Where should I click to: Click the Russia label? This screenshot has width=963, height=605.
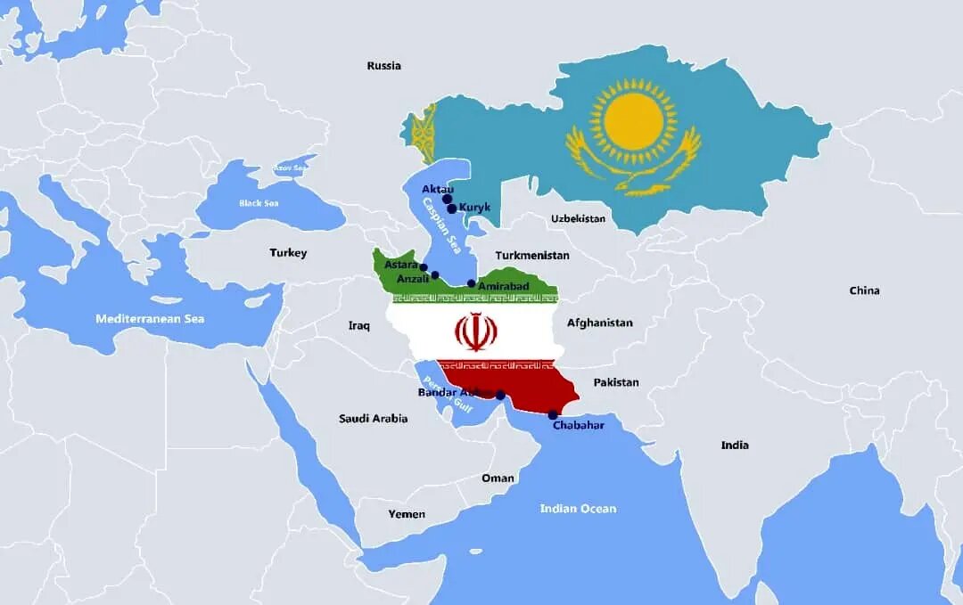coord(383,65)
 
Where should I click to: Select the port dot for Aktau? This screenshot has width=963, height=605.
coord(447,200)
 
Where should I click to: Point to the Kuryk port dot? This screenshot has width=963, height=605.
coord(452,208)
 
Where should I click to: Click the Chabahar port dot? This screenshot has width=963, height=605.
coord(553,414)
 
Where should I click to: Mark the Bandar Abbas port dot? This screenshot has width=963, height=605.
coord(500,396)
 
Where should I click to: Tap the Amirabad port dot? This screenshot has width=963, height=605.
coord(472,283)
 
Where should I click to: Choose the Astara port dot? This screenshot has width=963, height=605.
coord(424,267)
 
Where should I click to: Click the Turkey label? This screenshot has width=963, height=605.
coord(288,253)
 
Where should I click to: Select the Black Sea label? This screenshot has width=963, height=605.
coord(259,203)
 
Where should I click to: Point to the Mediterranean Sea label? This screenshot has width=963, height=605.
coord(150,318)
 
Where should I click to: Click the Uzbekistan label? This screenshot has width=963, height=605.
coord(578,218)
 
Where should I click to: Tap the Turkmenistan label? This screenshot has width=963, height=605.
coord(531,255)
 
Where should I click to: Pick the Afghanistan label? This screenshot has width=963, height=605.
coord(599,323)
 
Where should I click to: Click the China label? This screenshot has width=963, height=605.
coord(864,290)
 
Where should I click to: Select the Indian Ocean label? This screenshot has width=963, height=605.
coord(578,509)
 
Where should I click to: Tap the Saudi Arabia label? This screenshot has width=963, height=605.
coord(373,418)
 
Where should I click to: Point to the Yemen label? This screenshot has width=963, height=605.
coord(407,514)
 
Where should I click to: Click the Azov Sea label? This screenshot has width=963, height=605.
coord(290,168)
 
